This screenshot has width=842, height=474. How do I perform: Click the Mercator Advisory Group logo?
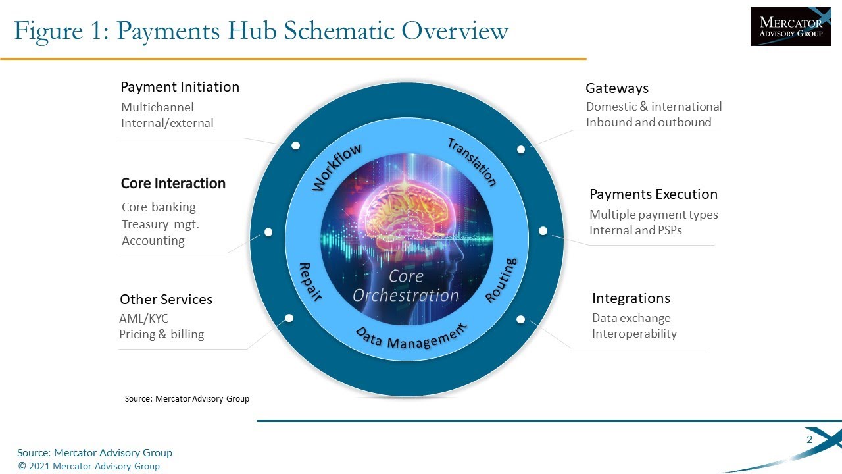coord(791,26)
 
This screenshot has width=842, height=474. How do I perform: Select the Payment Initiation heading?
coord(180,87)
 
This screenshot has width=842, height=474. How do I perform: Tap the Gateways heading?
coord(616,88)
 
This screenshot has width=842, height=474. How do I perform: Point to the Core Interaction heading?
coord(173,184)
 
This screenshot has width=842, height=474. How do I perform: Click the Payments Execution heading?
coord(653,194)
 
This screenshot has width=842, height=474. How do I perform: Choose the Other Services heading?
coord(166,300)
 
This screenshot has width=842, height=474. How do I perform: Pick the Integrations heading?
coord(631,298)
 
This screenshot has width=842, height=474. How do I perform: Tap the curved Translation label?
coord(472,162)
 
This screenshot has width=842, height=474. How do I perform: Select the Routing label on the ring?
coord(501,280)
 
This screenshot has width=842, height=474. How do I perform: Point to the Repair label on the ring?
coord(310,281)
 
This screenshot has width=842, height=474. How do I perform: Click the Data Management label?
coord(411,337)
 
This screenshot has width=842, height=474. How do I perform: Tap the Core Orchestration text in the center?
coord(405,286)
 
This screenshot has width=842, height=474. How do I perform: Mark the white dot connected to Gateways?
coord(521,149)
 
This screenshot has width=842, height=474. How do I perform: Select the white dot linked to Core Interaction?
coord(268,232)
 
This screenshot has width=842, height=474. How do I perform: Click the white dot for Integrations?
coord(520,319)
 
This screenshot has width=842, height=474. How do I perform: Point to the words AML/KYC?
coord(143,319)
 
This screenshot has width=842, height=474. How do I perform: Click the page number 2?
coord(809,440)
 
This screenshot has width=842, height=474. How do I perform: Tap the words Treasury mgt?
coord(160,224)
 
